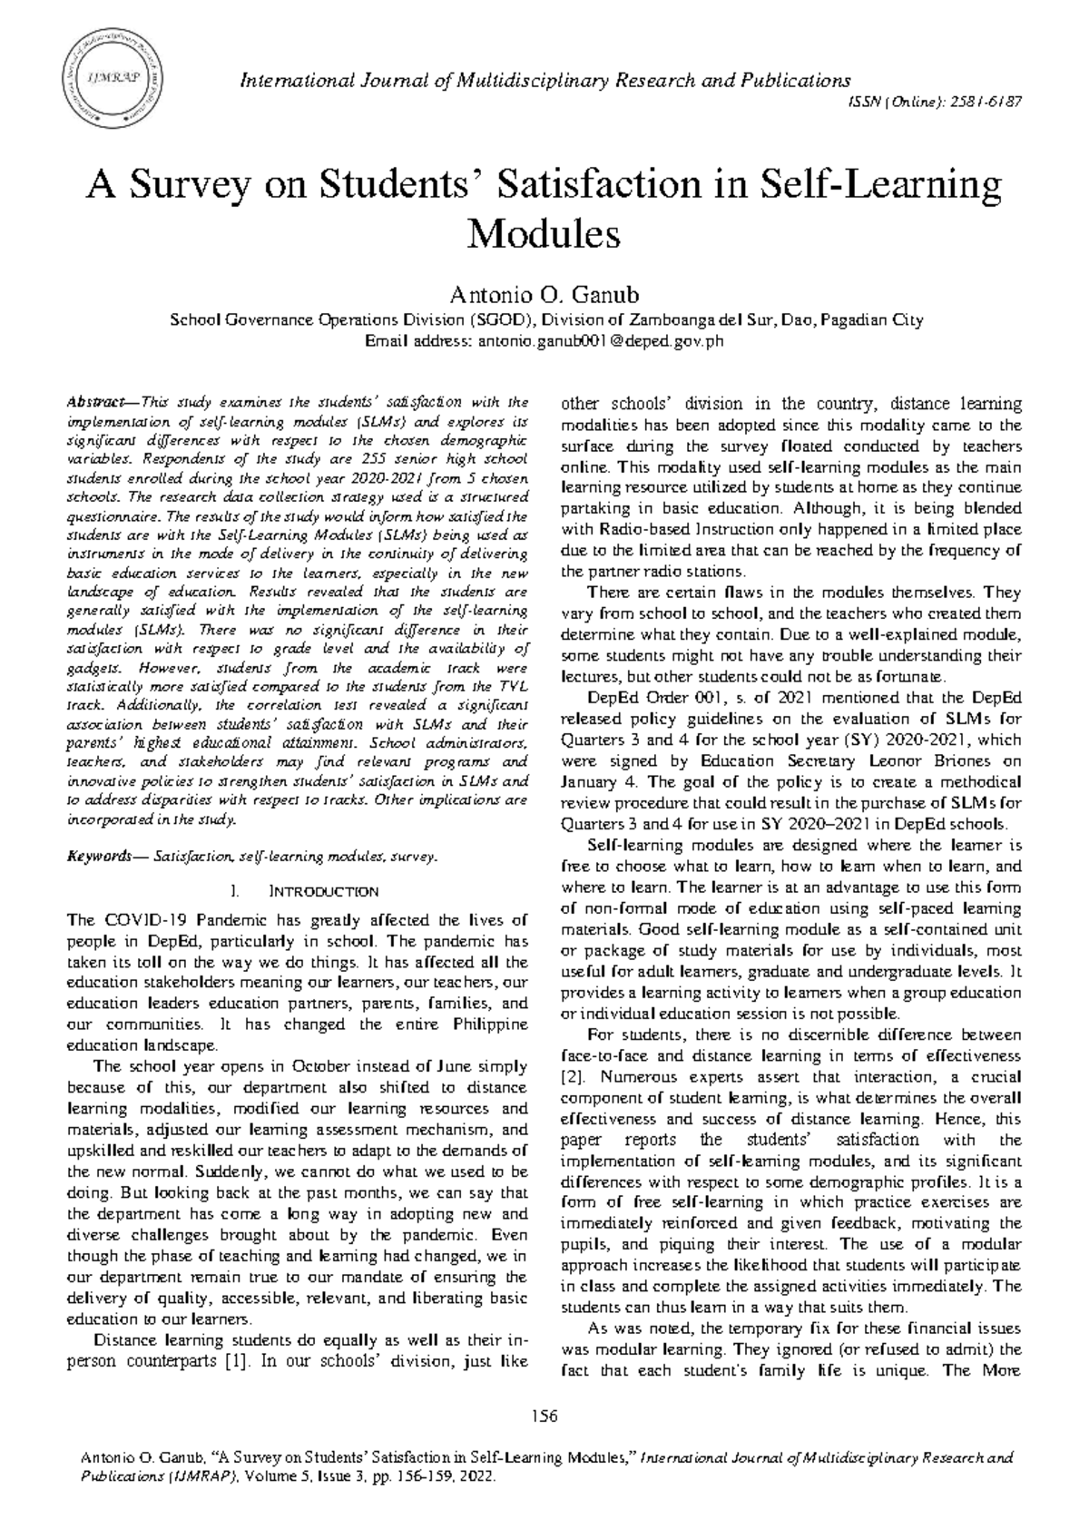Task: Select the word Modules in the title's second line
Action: coord(543,235)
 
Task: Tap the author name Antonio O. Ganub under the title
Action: coord(544,296)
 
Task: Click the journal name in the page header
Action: coord(544,81)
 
